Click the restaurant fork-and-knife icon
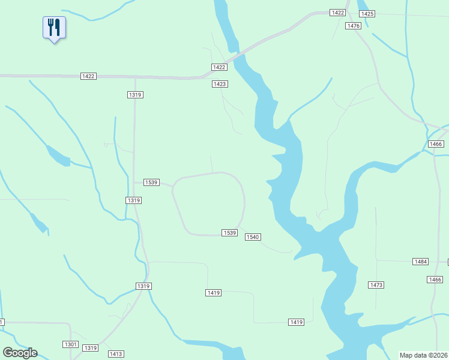tap(54, 27)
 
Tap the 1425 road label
tap(367, 14)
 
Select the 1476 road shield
tap(354, 26)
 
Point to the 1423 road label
tap(220, 84)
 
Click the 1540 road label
tap(253, 237)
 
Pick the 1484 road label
tap(421, 262)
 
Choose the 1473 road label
tap(376, 284)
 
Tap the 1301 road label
tap(70, 344)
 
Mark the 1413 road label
tap(116, 354)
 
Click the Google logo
tap(20, 353)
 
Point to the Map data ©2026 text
tap(423, 355)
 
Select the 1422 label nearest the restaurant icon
tap(88, 76)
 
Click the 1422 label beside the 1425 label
tap(338, 13)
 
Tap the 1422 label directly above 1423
tap(219, 67)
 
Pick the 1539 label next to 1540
tap(229, 232)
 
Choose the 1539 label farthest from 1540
tap(151, 182)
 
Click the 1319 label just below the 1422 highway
tap(135, 95)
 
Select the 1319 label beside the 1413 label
tap(90, 348)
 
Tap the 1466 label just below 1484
tap(435, 280)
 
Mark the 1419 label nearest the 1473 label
tap(296, 322)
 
